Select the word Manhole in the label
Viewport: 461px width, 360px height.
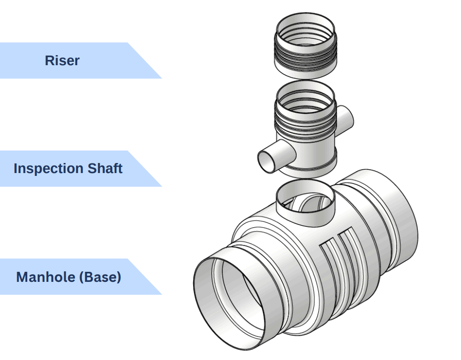point(43,277)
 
